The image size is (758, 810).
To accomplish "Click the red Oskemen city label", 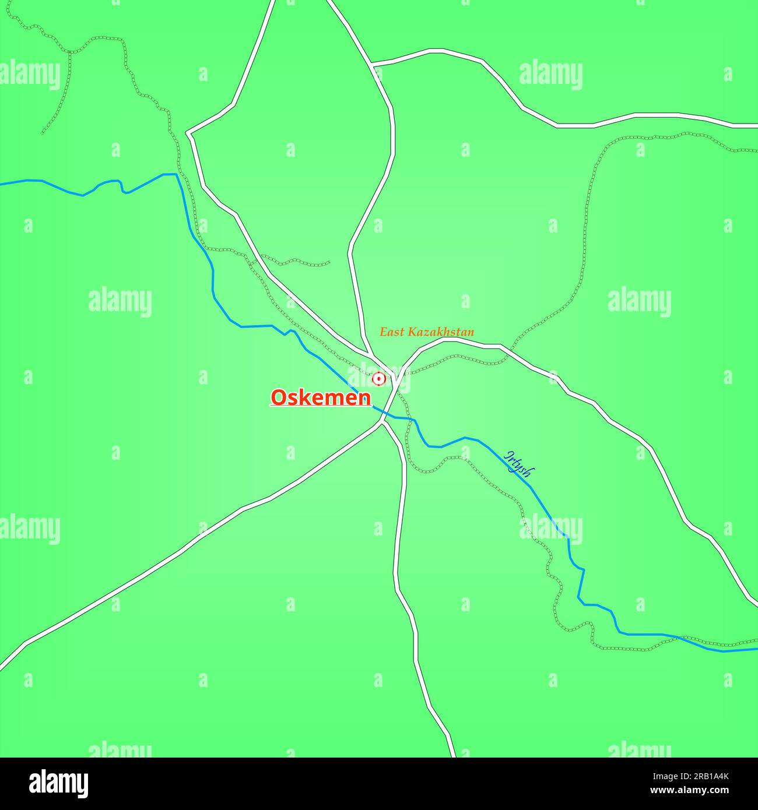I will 321,397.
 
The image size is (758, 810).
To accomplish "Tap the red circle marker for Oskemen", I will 379,379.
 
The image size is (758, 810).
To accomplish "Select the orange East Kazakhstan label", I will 427,332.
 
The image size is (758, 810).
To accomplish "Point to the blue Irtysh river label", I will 519,463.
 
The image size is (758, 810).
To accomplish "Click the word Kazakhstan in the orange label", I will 441,332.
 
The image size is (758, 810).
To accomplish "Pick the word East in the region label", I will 392,332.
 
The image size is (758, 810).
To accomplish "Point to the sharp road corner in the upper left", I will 188,133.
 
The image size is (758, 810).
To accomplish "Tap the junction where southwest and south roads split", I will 382,422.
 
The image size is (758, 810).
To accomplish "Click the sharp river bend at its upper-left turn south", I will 177,174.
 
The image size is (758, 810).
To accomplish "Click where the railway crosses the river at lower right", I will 679,638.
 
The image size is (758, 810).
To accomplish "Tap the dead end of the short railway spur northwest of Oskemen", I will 330,263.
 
